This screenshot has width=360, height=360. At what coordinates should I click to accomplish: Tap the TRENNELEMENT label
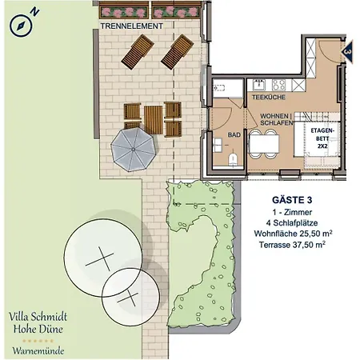131,26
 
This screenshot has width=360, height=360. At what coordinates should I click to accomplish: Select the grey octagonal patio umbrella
133,150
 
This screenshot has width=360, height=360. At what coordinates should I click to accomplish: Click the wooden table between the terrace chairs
154,120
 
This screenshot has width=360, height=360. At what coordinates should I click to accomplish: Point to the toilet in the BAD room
233,159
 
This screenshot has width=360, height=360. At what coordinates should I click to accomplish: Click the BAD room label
234,135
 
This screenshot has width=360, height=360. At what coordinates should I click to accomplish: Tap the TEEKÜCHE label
269,97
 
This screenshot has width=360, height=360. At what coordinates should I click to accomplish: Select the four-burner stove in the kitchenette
278,85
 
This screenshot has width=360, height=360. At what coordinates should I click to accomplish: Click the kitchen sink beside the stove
259,85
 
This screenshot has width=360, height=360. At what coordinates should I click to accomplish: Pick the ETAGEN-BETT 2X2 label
322,138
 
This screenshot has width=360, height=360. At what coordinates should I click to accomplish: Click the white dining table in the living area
264,144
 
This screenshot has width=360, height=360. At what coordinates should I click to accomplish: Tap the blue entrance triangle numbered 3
347,52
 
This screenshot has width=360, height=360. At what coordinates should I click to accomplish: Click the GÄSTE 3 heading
292,200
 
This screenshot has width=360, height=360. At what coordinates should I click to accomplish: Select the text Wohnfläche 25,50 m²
293,234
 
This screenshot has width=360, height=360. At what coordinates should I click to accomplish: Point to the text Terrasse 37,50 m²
292,245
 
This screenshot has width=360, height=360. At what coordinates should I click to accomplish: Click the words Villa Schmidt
38,317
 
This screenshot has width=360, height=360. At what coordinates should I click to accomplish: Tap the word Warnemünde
38,350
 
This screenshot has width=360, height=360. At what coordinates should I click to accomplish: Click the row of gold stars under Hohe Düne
38,341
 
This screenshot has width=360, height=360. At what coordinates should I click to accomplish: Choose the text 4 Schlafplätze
292,223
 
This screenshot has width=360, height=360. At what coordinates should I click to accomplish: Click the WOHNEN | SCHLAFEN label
277,119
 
